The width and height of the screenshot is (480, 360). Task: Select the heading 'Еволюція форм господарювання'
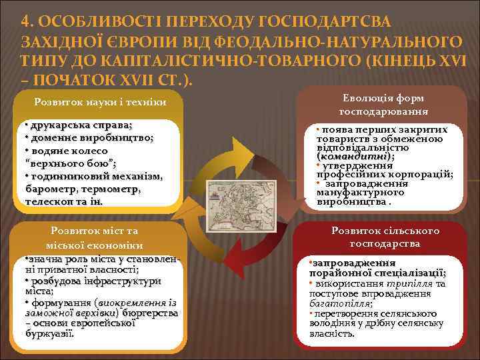(383, 105)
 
